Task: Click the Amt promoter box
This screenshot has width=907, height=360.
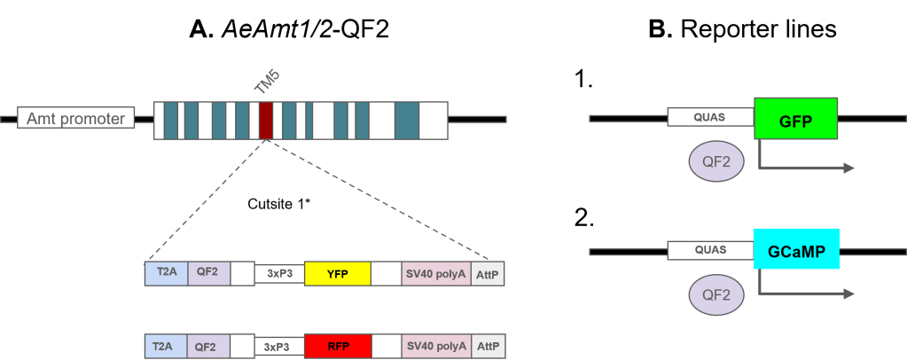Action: pyautogui.click(x=75, y=119)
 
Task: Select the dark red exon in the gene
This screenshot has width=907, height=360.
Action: pyautogui.click(x=266, y=120)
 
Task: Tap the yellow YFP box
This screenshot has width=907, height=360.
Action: pyautogui.click(x=337, y=274)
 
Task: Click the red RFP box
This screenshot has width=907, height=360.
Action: pyautogui.click(x=337, y=346)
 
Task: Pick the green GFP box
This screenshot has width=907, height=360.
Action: pyautogui.click(x=796, y=118)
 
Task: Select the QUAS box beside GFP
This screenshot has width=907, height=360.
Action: pyautogui.click(x=710, y=118)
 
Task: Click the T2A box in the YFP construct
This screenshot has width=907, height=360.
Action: pyautogui.click(x=166, y=274)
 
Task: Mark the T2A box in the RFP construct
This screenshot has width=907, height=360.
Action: pyautogui.click(x=166, y=346)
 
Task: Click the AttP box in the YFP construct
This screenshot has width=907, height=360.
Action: pyautogui.click(x=488, y=274)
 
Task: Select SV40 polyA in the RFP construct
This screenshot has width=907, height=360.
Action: pyautogui.click(x=436, y=346)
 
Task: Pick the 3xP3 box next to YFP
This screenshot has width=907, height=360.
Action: pyautogui.click(x=279, y=274)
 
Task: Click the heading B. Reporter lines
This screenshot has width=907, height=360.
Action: pyautogui.click(x=742, y=30)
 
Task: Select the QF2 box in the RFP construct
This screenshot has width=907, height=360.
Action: pyautogui.click(x=208, y=346)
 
